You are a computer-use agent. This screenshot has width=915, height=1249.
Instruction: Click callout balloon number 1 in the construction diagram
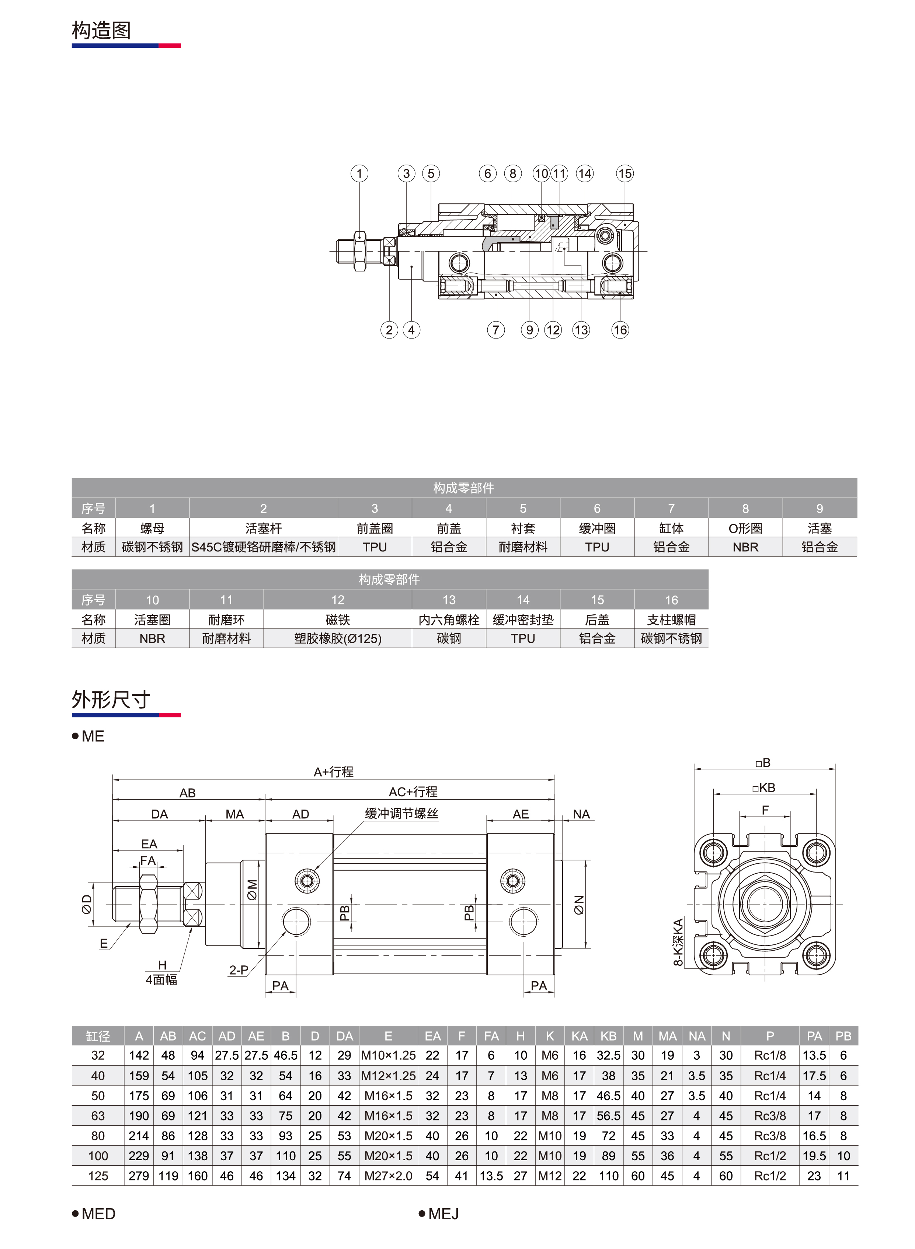coord(359,174)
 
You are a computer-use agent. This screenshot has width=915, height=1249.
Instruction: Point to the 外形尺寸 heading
coord(111,699)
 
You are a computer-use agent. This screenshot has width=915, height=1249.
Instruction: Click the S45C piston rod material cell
coord(263,547)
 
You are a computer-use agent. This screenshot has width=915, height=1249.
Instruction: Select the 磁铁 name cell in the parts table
coord(337,620)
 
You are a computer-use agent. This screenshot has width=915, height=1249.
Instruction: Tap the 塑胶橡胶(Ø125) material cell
coord(337,639)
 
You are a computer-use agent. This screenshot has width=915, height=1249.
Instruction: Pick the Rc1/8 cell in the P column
coord(770,1055)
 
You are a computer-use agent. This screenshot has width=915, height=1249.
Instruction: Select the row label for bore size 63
coord(98,1116)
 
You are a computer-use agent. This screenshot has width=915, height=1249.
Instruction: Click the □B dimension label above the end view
coord(763,762)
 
